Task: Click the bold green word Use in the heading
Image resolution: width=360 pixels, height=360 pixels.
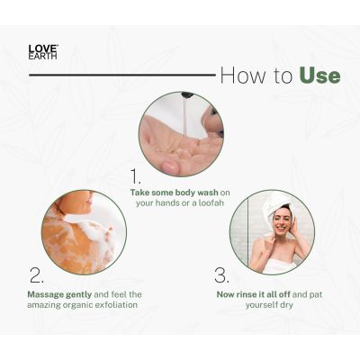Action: coord(320,75)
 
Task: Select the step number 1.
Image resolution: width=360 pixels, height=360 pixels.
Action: coord(137,175)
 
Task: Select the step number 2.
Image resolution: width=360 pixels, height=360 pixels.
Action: coord(36,275)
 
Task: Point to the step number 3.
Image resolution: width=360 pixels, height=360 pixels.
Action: coord(222,275)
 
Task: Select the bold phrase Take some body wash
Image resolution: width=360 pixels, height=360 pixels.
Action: coord(170,192)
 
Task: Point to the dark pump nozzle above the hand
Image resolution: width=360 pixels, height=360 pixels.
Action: coord(186,95)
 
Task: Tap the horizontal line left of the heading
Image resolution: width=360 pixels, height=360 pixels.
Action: coord(117,75)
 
